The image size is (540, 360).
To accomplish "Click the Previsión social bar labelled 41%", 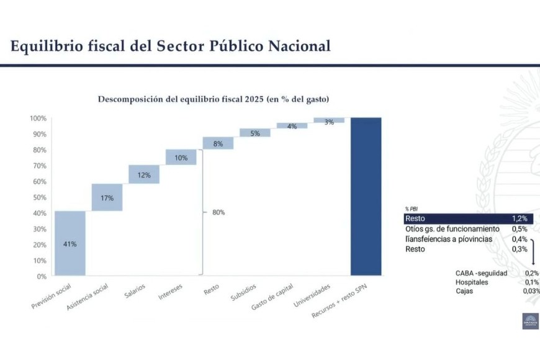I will (x=70, y=243).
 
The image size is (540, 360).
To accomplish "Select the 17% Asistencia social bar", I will (x=107, y=197).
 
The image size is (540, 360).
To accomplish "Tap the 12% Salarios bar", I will (x=144, y=174).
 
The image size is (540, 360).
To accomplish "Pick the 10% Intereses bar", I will (x=181, y=157).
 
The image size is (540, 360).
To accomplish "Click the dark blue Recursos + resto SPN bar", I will (x=366, y=196).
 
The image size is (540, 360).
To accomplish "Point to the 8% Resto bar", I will (x=218, y=143).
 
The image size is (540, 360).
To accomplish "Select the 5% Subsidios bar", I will (x=255, y=132).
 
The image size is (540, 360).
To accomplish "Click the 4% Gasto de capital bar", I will (x=292, y=125).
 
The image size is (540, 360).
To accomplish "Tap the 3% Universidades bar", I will (x=329, y=120).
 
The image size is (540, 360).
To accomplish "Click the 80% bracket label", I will (x=218, y=212).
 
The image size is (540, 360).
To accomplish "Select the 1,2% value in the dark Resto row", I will (x=520, y=218).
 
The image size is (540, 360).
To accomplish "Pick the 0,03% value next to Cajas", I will (x=531, y=290).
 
